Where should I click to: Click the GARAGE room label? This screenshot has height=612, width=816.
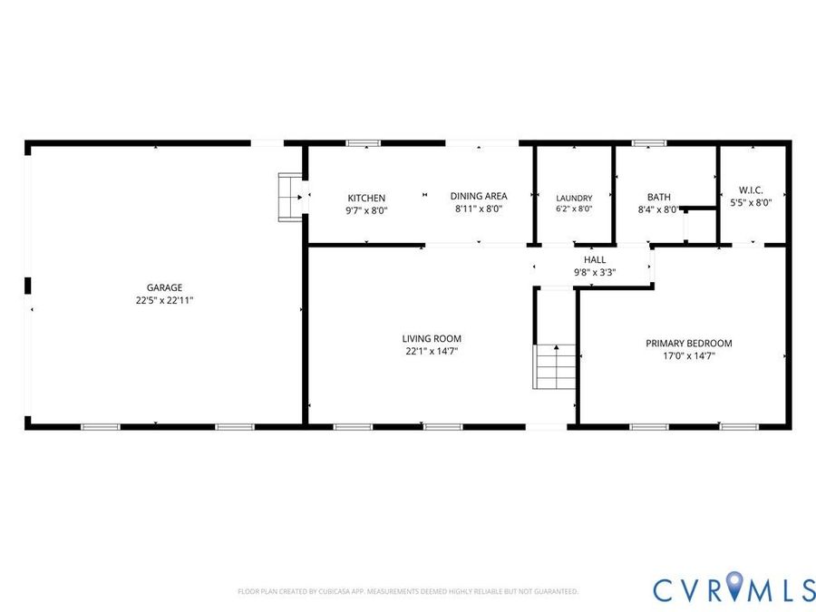point(164,287)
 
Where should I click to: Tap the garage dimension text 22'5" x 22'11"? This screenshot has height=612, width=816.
point(164,300)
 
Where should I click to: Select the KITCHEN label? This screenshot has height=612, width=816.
point(366,198)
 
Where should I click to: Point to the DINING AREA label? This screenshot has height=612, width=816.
point(478,196)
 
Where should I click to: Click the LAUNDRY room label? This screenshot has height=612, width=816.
point(574,199)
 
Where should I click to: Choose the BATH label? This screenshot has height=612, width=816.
point(659,198)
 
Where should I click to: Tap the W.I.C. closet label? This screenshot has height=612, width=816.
point(751,190)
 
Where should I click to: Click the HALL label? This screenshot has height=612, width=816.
point(595,259)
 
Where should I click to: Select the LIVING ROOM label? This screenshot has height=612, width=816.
point(432,338)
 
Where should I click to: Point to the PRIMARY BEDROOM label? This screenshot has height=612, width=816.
point(689,344)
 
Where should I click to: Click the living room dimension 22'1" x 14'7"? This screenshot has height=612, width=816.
point(432,351)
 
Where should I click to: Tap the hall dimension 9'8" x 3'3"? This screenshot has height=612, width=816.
point(595,272)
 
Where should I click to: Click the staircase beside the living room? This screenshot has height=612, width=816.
point(555,366)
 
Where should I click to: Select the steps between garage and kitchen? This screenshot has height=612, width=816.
point(290,198)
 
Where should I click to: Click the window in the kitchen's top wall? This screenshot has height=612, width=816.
point(364,143)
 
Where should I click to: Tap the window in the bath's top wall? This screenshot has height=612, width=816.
point(649,143)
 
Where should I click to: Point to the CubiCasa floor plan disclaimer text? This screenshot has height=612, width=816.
point(408,591)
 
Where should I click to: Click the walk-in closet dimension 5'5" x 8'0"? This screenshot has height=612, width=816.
point(751,203)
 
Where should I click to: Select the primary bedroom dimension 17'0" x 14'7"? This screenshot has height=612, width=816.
point(689,356)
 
